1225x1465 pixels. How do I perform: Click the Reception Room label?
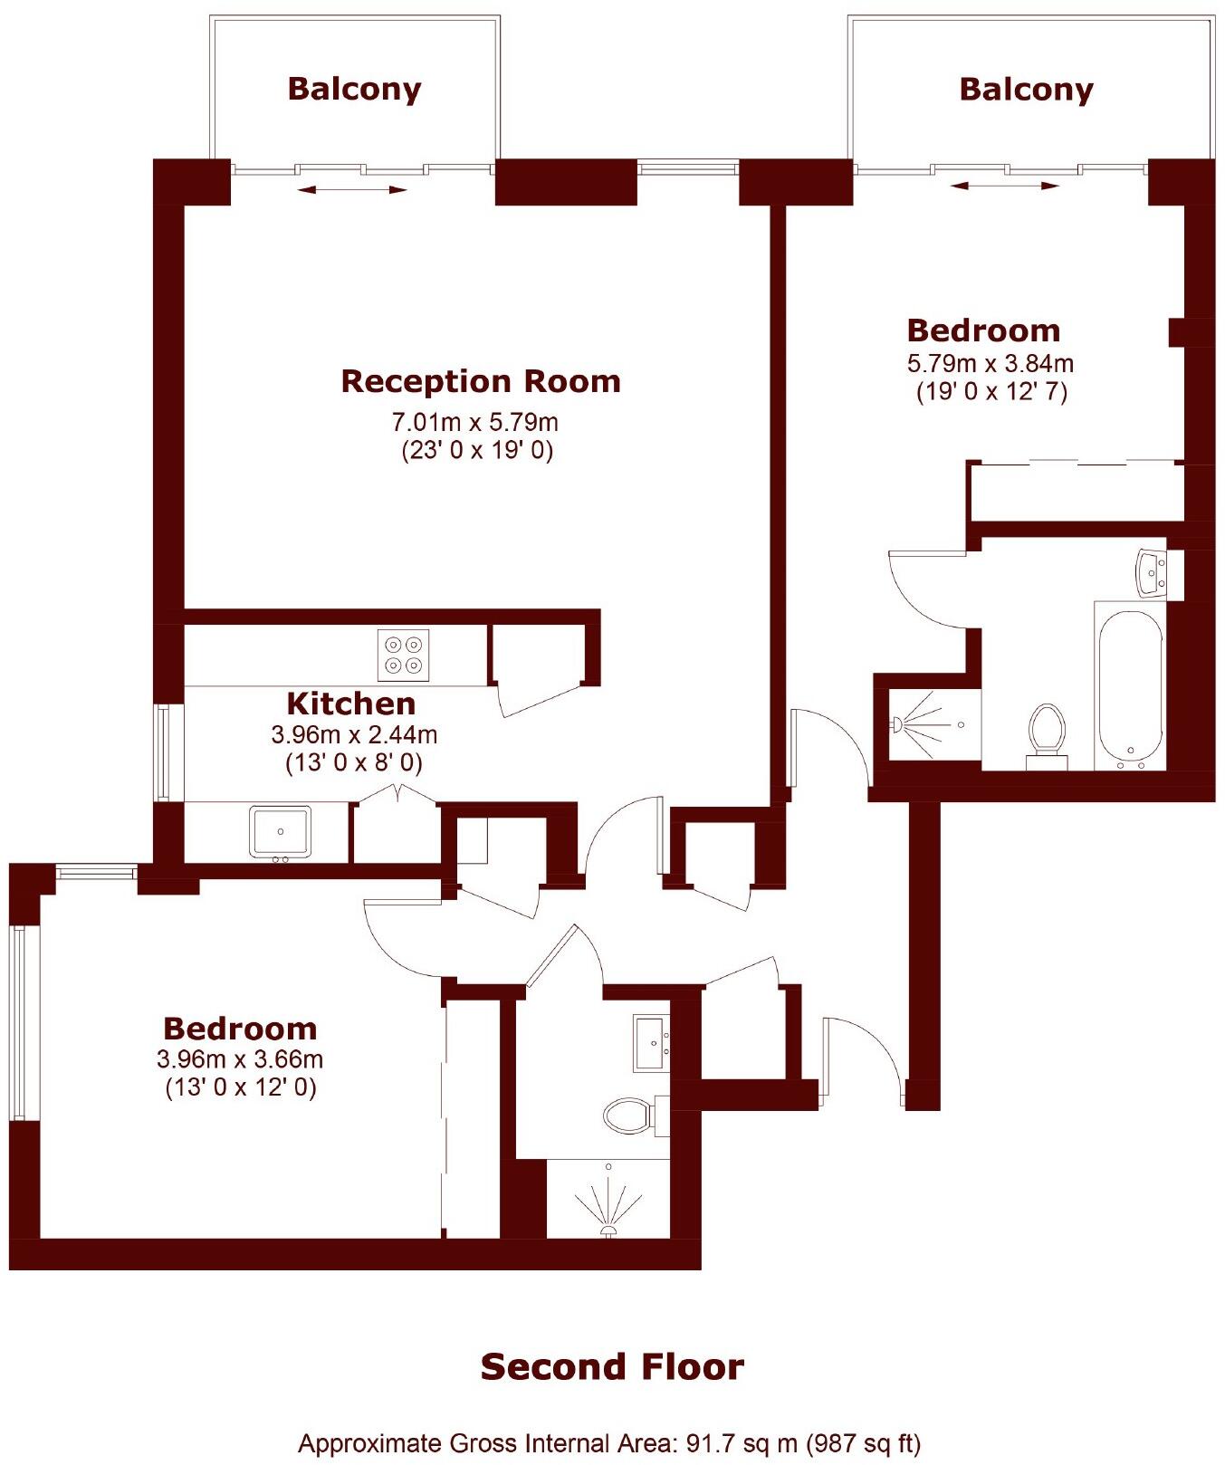(x=481, y=381)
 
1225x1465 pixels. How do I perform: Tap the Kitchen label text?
(x=351, y=704)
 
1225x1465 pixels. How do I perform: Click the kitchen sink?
(x=281, y=832)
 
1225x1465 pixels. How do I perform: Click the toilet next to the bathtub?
(x=1047, y=732)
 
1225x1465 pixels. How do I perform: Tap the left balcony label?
(x=354, y=89)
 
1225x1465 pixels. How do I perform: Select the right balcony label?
(x=1026, y=89)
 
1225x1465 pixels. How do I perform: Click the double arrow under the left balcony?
(x=353, y=189)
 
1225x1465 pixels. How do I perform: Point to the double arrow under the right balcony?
(x=1005, y=186)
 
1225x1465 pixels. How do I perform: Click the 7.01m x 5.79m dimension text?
(x=474, y=422)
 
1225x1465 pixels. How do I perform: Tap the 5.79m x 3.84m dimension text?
(x=991, y=364)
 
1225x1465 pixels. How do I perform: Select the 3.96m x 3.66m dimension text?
(x=240, y=1058)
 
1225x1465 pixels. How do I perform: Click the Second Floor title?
(x=612, y=1366)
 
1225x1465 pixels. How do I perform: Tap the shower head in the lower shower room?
(x=608, y=1229)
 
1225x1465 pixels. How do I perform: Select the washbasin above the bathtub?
(x=1152, y=573)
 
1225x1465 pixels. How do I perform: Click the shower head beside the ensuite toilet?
(x=898, y=724)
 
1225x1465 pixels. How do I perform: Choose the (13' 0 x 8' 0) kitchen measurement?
(x=354, y=762)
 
